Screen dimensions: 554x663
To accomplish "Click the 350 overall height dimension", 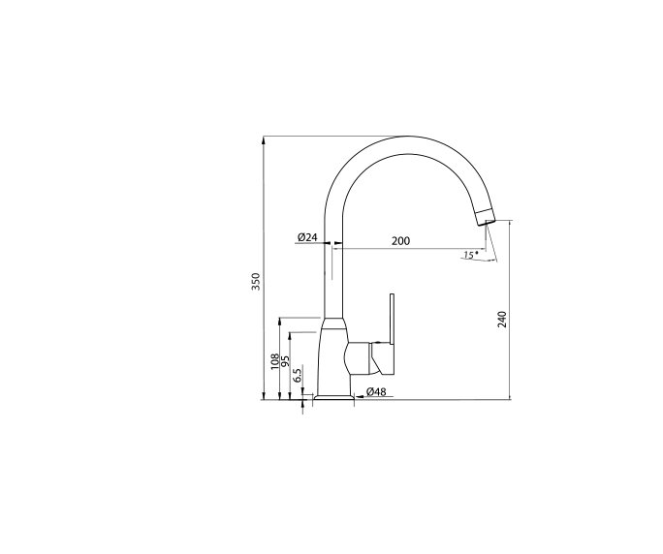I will coord(256,282).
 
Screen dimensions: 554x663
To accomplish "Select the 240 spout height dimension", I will coord(502,319).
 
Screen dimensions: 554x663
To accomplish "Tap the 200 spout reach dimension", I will coord(400,240).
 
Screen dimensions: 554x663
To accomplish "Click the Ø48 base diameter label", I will coord(377,392).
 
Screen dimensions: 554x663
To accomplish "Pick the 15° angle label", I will coord(470,255).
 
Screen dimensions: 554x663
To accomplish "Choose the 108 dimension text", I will coord(275,361).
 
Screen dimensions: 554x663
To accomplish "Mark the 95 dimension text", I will coord(286,361).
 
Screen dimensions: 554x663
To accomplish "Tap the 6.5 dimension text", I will coord(298,373).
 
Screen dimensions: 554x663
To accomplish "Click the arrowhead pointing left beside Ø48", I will coord(360,398).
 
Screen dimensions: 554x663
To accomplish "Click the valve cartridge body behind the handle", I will coord(360,357).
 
